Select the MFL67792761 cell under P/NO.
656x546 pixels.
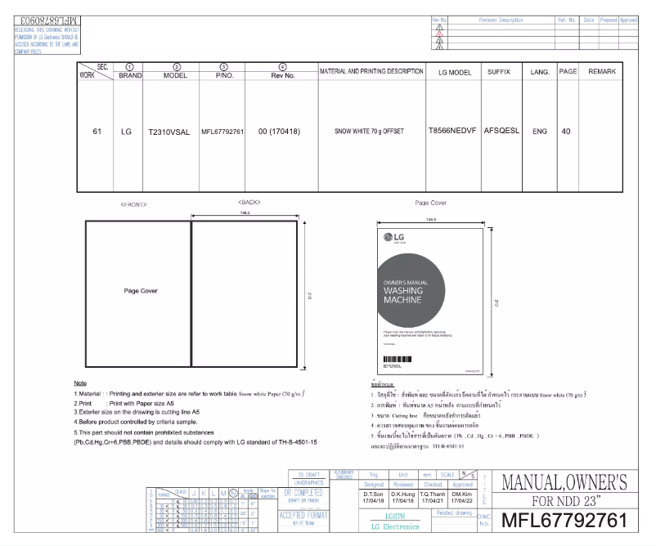223,131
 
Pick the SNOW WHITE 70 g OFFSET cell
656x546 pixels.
371,131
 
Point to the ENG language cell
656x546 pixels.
539,131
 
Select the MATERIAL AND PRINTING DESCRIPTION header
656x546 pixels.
371,73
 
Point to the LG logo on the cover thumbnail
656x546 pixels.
397,239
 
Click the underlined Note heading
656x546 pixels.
80,383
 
